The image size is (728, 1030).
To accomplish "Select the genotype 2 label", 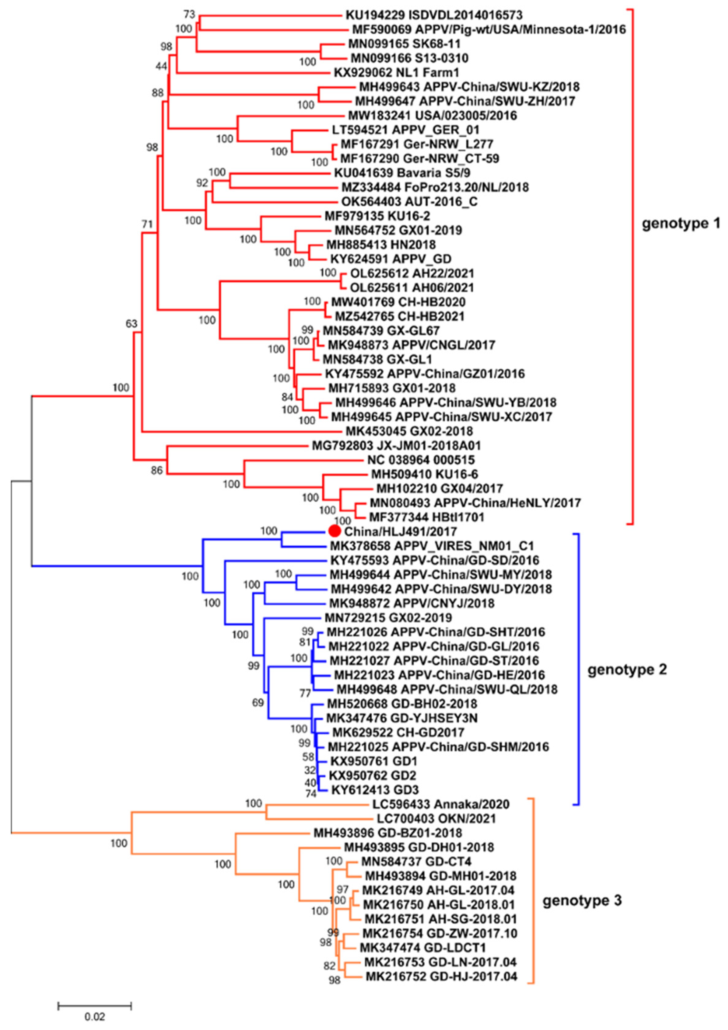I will (x=627, y=670).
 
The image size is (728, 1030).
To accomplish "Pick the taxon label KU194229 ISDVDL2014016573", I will (x=434, y=15).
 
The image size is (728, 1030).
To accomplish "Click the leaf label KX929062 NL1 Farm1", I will (x=396, y=73).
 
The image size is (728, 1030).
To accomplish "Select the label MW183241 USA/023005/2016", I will (x=432, y=116).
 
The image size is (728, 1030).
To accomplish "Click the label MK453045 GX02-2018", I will (x=409, y=432).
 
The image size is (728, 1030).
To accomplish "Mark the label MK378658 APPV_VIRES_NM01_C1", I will (x=432, y=546).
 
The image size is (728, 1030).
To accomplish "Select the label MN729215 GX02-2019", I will (x=388, y=618).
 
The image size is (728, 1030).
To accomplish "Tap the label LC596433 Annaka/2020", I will (x=441, y=804).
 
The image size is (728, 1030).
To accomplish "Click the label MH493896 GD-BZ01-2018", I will (x=387, y=833).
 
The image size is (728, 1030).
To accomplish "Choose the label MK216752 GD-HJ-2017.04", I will (x=441, y=977).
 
